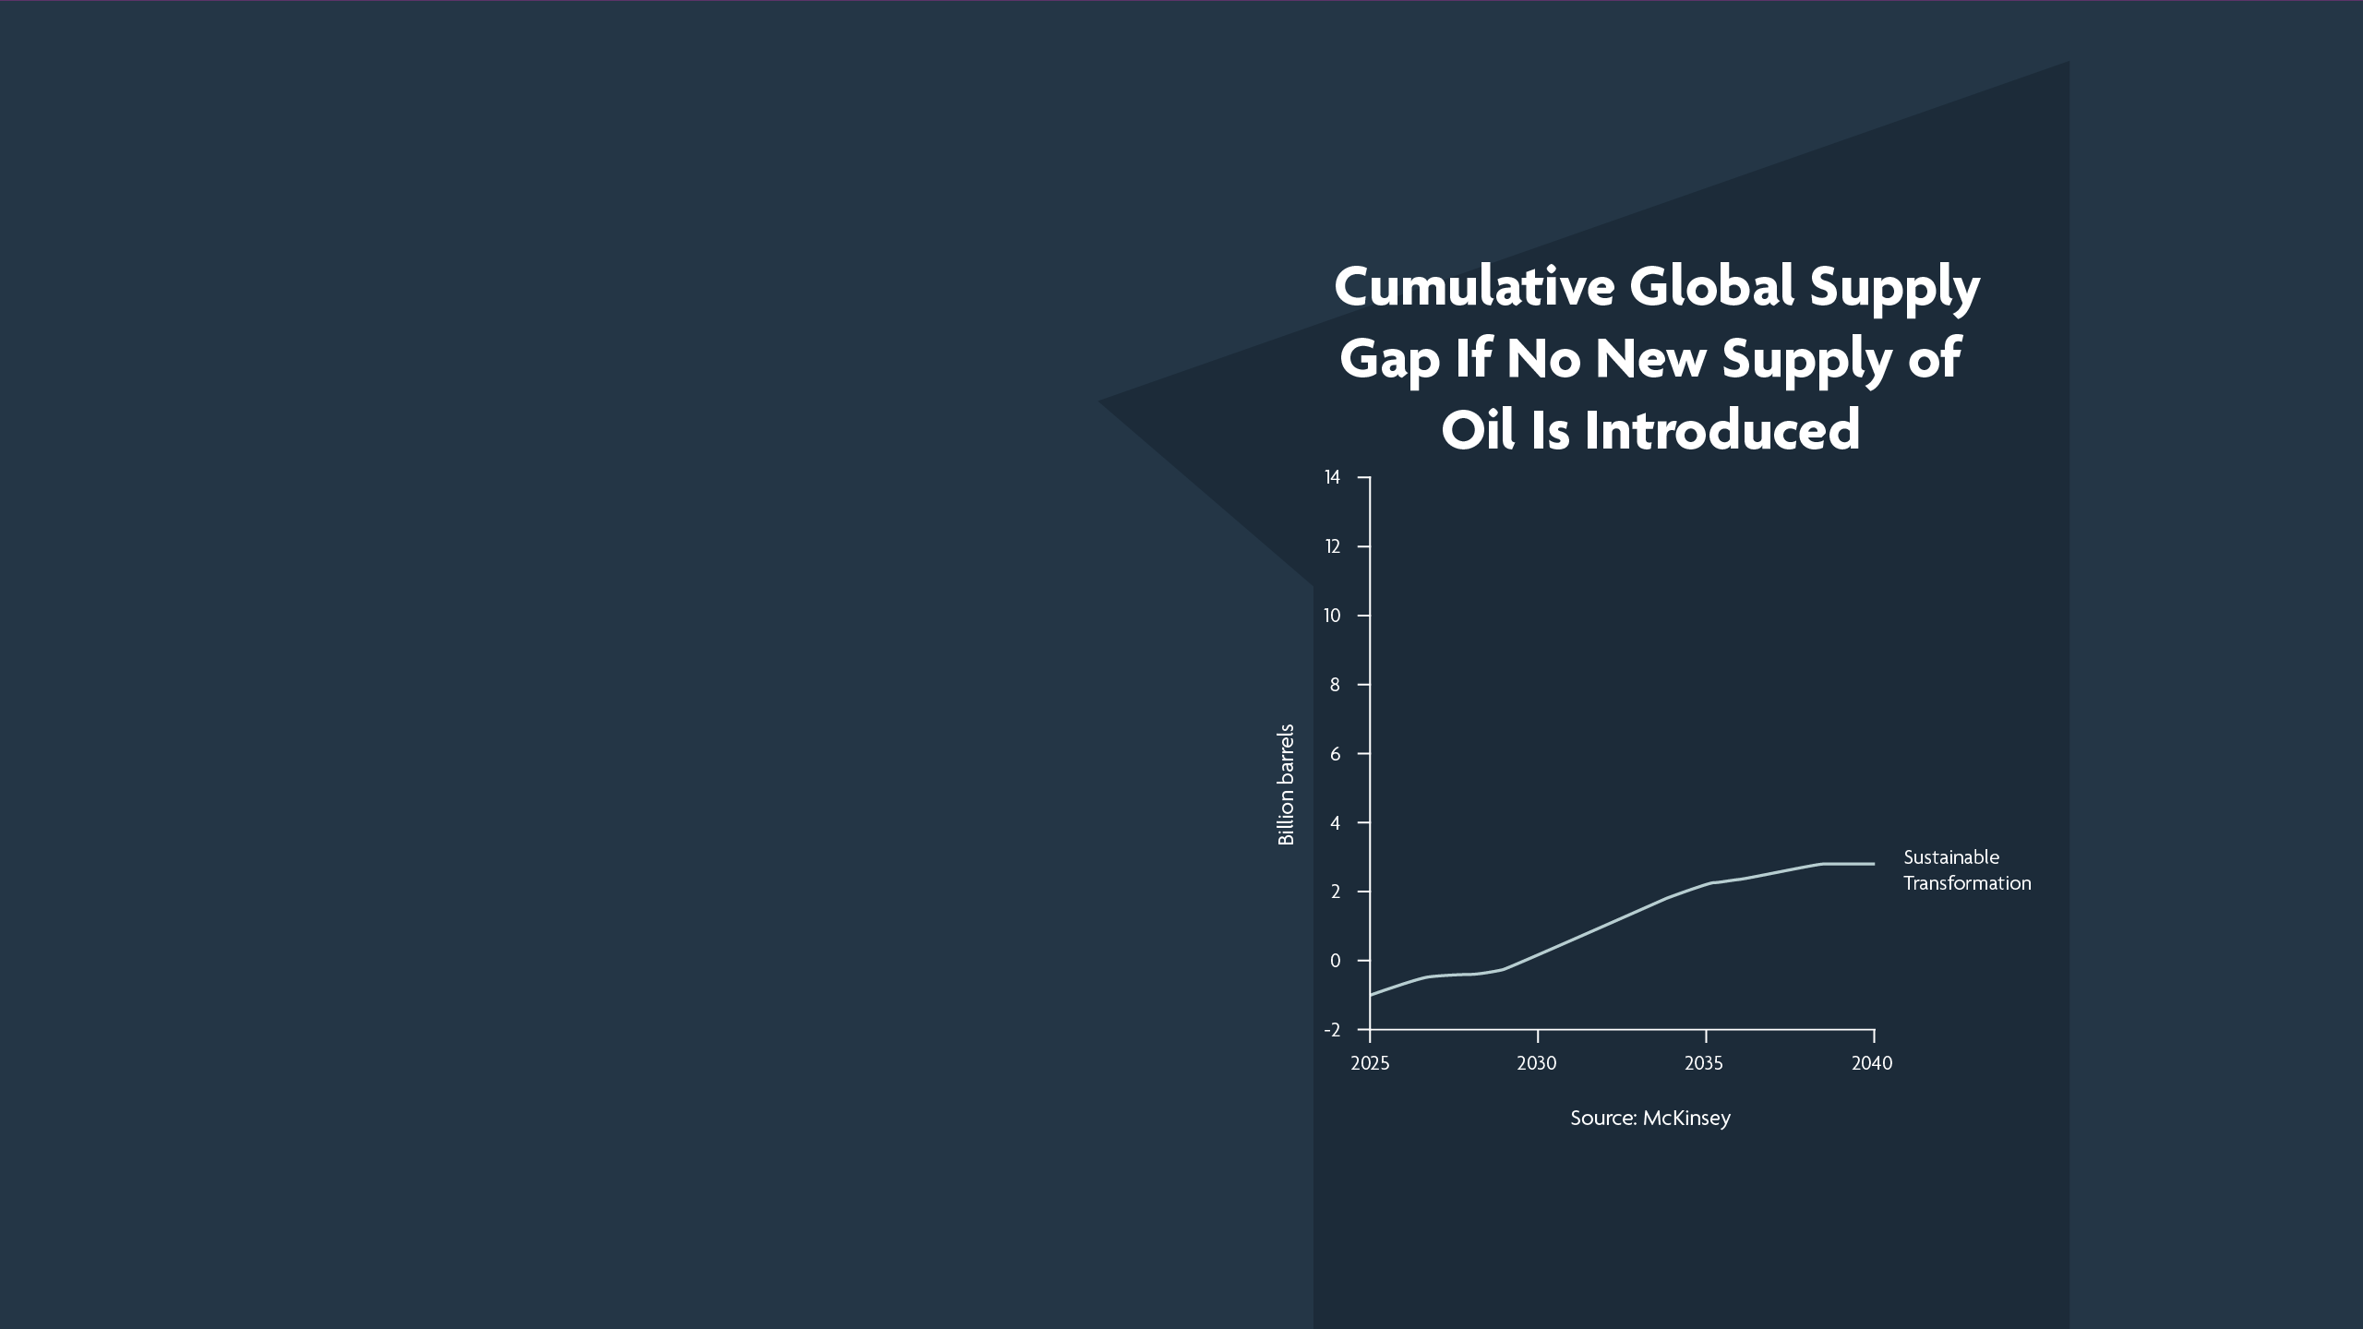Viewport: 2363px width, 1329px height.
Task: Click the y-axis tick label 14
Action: pyautogui.click(x=1332, y=477)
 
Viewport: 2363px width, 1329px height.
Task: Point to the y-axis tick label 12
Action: pyautogui.click(x=1332, y=546)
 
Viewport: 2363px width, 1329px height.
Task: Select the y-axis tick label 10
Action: pyautogui.click(x=1332, y=616)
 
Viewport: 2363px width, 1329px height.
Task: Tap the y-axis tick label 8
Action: pyautogui.click(x=1335, y=685)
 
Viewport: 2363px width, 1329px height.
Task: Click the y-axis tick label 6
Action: pyautogui.click(x=1335, y=754)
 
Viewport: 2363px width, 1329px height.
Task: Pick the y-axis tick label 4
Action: pyautogui.click(x=1335, y=822)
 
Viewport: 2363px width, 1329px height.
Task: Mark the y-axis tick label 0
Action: pyautogui.click(x=1335, y=961)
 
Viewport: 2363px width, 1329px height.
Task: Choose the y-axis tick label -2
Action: pyautogui.click(x=1332, y=1030)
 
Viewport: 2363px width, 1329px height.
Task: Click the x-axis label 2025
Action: pyautogui.click(x=1370, y=1063)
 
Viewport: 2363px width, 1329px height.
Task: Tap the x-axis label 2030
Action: pyautogui.click(x=1537, y=1063)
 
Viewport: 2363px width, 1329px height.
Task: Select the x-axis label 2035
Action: pyautogui.click(x=1704, y=1063)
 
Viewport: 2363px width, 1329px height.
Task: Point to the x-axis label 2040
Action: pyautogui.click(x=1872, y=1063)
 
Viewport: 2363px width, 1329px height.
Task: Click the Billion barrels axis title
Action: pyautogui.click(x=1286, y=784)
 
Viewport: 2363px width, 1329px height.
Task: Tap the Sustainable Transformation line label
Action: pyautogui.click(x=1967, y=870)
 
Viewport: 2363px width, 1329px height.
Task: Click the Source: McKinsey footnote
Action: pyautogui.click(x=1650, y=1119)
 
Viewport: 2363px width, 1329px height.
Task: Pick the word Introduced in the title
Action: pyautogui.click(x=1722, y=430)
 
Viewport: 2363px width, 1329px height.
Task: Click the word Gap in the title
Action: pyautogui.click(x=1389, y=360)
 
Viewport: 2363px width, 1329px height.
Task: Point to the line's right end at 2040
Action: pyautogui.click(x=1874, y=864)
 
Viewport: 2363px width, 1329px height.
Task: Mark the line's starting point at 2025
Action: pyautogui.click(x=1371, y=995)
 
